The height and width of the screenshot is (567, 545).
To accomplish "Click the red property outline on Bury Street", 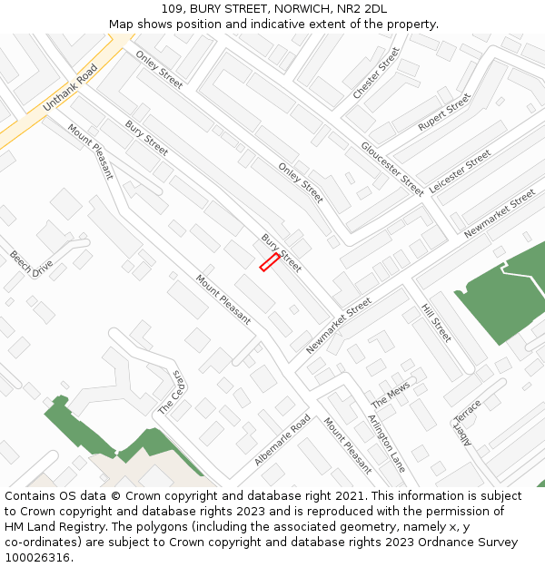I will tap(270, 262).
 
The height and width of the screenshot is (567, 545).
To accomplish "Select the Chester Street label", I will tap(376, 73).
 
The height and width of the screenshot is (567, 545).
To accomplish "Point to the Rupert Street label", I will tap(444, 112).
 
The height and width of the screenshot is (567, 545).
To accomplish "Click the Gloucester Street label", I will tap(392, 169).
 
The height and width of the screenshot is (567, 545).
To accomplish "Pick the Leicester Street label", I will tap(460, 171).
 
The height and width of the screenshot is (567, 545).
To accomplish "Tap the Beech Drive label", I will tap(32, 264).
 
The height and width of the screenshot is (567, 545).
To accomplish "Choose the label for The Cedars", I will tap(172, 393).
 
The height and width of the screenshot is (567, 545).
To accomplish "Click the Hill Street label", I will tap(436, 323).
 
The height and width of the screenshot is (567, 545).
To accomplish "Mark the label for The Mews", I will tap(391, 395).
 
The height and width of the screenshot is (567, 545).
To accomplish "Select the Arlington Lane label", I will tap(387, 443).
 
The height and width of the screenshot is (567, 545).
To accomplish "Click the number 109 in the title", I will tap(173, 9).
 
